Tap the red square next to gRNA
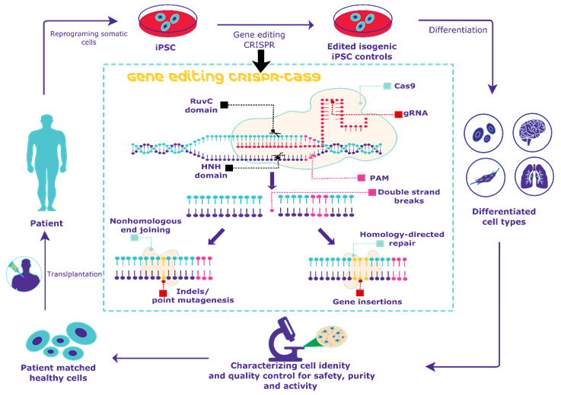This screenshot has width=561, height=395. pyautogui.click(x=398, y=115)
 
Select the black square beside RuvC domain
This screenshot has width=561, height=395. pyautogui.click(x=224, y=104)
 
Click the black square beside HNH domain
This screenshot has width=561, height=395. pyautogui.click(x=228, y=167)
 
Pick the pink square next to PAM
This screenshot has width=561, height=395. pyautogui.click(x=362, y=178)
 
